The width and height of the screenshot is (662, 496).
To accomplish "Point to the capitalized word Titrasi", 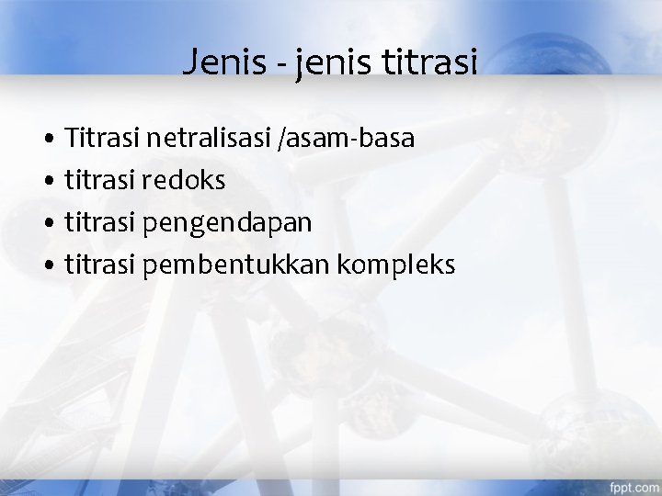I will pyautogui.click(x=100, y=139).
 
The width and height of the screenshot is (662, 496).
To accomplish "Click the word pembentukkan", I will pyautogui.click(x=237, y=265).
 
